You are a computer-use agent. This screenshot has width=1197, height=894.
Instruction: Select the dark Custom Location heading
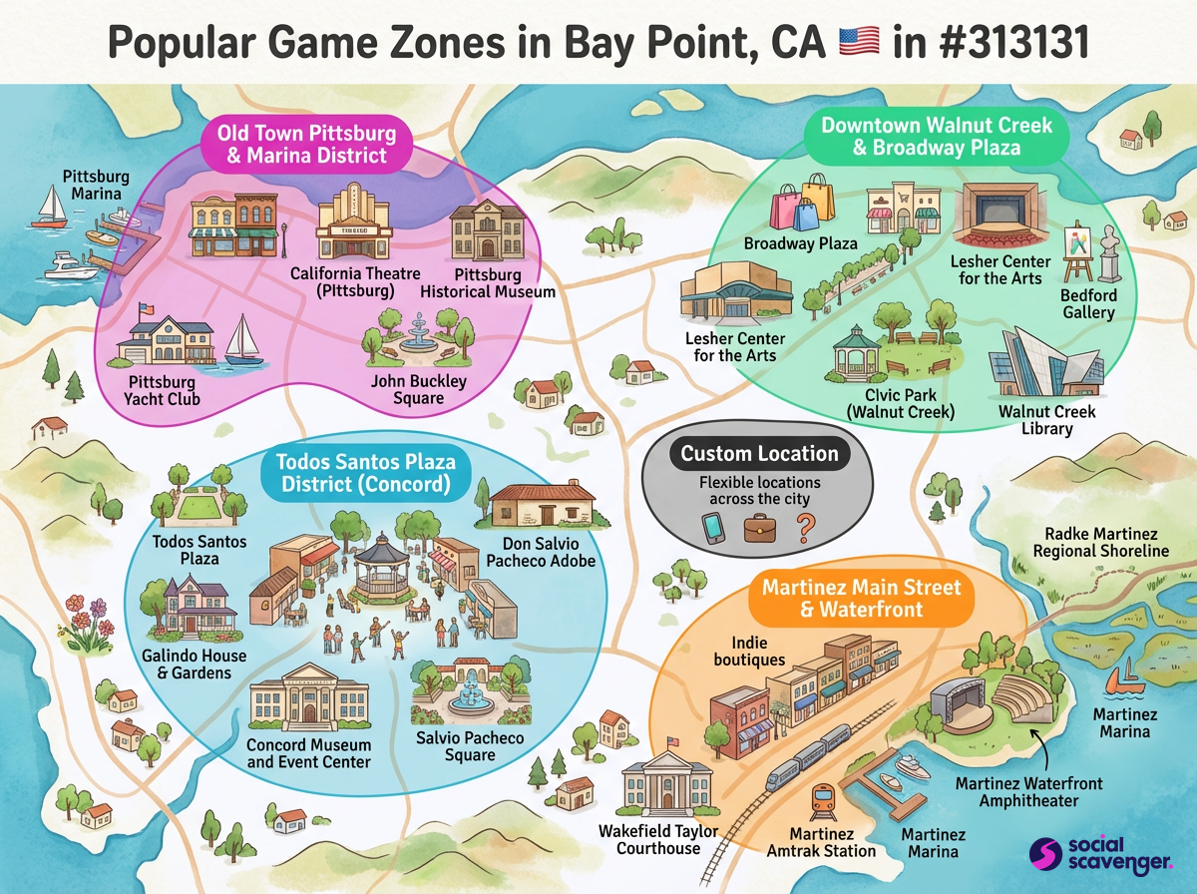(x=759, y=454)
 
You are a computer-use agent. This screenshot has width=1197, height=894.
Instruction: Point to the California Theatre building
(x=354, y=223)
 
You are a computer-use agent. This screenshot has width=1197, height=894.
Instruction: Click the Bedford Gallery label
(x=1088, y=304)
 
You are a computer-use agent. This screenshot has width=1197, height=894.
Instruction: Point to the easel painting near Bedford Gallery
(x=1075, y=249)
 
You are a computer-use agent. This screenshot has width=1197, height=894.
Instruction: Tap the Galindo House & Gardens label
(x=194, y=665)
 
